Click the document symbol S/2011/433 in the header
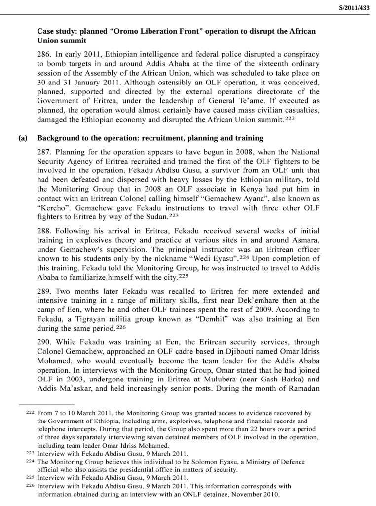tap(354, 7)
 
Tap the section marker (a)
tap(23, 138)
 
